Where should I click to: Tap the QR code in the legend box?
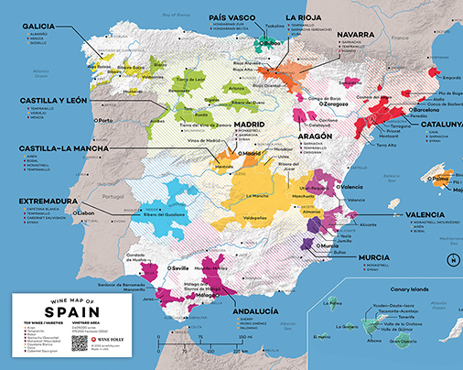pos(80,343)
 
